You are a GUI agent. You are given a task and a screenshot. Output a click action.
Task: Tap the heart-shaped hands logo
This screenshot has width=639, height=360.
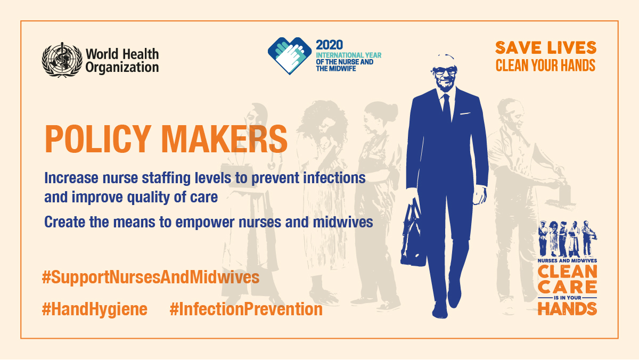point(290,55)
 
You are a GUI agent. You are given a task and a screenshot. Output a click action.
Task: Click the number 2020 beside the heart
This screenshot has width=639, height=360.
point(329,45)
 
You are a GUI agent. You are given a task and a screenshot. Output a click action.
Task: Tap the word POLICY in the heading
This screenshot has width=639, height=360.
point(98,139)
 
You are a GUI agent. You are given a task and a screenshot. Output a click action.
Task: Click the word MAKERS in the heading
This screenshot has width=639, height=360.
point(225,139)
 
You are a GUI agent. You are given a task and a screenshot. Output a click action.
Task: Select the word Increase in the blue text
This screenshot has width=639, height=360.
point(71,178)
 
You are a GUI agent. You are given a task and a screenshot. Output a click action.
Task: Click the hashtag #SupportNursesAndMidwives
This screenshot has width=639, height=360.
point(151,277)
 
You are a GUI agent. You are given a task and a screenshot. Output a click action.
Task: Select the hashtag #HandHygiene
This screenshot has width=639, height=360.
point(95,309)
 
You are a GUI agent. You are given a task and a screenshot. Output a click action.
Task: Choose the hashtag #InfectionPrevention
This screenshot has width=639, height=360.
point(246,309)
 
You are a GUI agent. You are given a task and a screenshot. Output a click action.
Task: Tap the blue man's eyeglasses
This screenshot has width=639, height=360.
point(445,70)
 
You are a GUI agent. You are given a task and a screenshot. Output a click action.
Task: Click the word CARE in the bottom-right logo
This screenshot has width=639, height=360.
point(567,287)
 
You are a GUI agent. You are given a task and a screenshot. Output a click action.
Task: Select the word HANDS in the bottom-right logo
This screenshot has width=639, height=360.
point(567,308)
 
